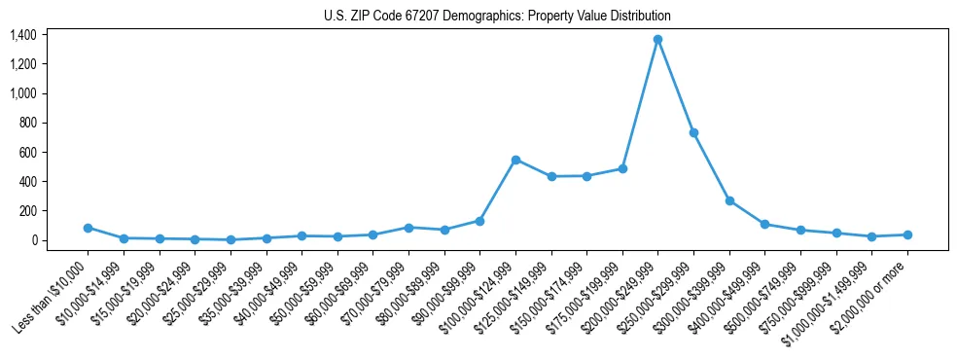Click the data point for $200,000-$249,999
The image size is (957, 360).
click(657, 39)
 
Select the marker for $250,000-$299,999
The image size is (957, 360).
click(693, 132)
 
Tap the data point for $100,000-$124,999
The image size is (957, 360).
click(515, 160)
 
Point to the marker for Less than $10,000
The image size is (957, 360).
click(88, 228)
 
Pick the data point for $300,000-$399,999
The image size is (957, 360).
click(729, 200)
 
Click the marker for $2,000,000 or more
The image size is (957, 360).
click(907, 234)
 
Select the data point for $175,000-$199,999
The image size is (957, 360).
click(622, 168)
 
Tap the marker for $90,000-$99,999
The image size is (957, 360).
click(479, 221)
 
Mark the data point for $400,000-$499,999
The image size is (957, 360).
click(764, 224)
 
